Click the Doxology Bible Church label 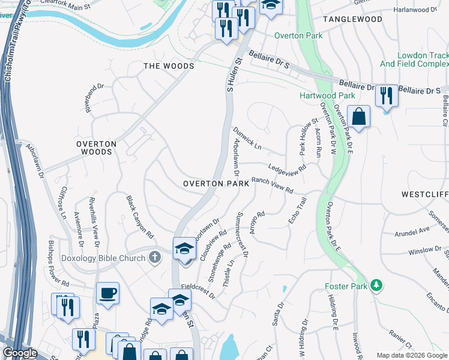click(103, 258)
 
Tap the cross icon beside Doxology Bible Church click(155, 258)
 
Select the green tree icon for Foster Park click(376, 284)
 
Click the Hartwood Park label click(327, 95)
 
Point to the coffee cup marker click(108, 293)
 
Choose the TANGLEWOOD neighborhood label click(352, 19)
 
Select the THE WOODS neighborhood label click(168, 66)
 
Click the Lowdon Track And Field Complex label click(414, 59)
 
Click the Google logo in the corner click(20, 353)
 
